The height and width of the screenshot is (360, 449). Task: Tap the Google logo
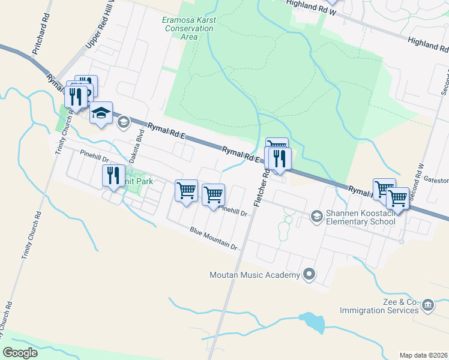point(20,353)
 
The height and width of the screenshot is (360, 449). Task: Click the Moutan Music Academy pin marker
point(309,275)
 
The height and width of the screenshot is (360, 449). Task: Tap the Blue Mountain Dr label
point(214,238)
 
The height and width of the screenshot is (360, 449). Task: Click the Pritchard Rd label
point(39,39)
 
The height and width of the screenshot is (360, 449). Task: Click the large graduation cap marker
point(101,113)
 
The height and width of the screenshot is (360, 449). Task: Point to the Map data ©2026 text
point(423,355)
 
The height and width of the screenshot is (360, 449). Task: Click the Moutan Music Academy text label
point(254,275)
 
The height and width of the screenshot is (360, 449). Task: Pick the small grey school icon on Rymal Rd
point(123,122)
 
